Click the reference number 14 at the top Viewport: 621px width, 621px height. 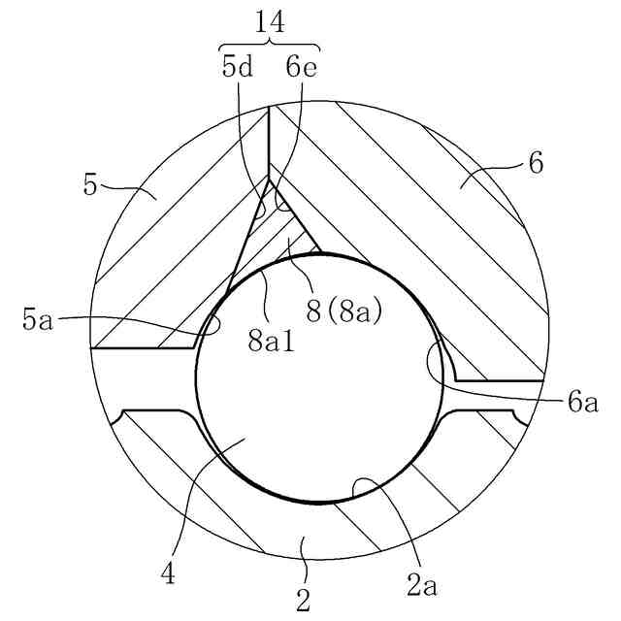(x=270, y=20)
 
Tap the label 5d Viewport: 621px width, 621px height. (x=239, y=67)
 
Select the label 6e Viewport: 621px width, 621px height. (x=301, y=67)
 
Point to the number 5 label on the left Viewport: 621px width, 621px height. (x=90, y=184)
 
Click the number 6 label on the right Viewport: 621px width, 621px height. (x=536, y=163)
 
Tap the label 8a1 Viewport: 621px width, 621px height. (x=268, y=341)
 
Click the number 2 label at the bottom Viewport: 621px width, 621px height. (x=304, y=601)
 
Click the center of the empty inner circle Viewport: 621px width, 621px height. (x=322, y=378)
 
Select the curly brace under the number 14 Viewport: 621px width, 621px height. (x=270, y=45)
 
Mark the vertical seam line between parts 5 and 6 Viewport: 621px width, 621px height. (x=269, y=146)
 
